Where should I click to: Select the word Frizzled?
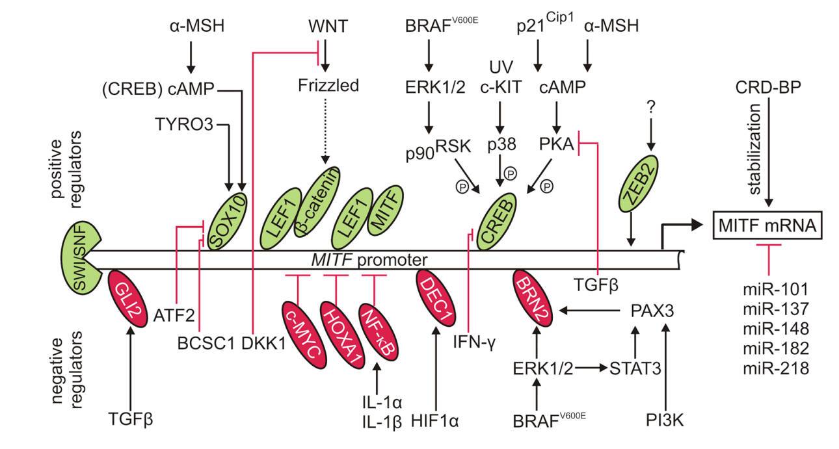pos(328,85)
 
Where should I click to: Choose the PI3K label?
pos(666,420)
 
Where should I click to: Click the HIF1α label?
pos(435,420)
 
